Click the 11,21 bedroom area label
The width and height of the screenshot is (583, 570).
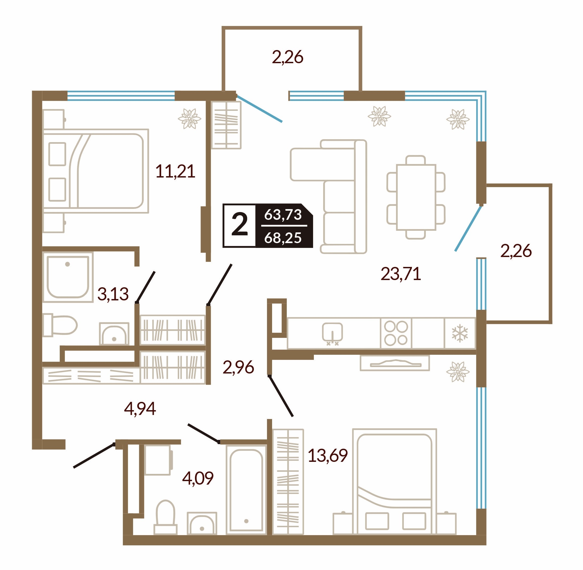(x=175, y=172)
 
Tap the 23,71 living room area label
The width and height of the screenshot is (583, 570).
(x=401, y=274)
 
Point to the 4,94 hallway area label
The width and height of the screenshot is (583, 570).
(x=140, y=409)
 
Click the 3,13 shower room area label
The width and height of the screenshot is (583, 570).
(x=113, y=294)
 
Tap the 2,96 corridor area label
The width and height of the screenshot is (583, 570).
(x=238, y=367)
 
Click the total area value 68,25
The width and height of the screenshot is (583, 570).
(x=283, y=238)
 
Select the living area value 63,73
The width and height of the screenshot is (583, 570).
(x=283, y=215)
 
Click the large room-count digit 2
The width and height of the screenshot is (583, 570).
(x=240, y=225)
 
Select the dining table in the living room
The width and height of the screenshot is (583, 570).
(x=416, y=197)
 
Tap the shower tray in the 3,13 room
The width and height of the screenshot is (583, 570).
(x=68, y=277)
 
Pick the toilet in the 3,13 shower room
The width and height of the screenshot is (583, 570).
(x=60, y=325)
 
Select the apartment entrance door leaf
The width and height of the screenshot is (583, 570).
(x=94, y=455)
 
